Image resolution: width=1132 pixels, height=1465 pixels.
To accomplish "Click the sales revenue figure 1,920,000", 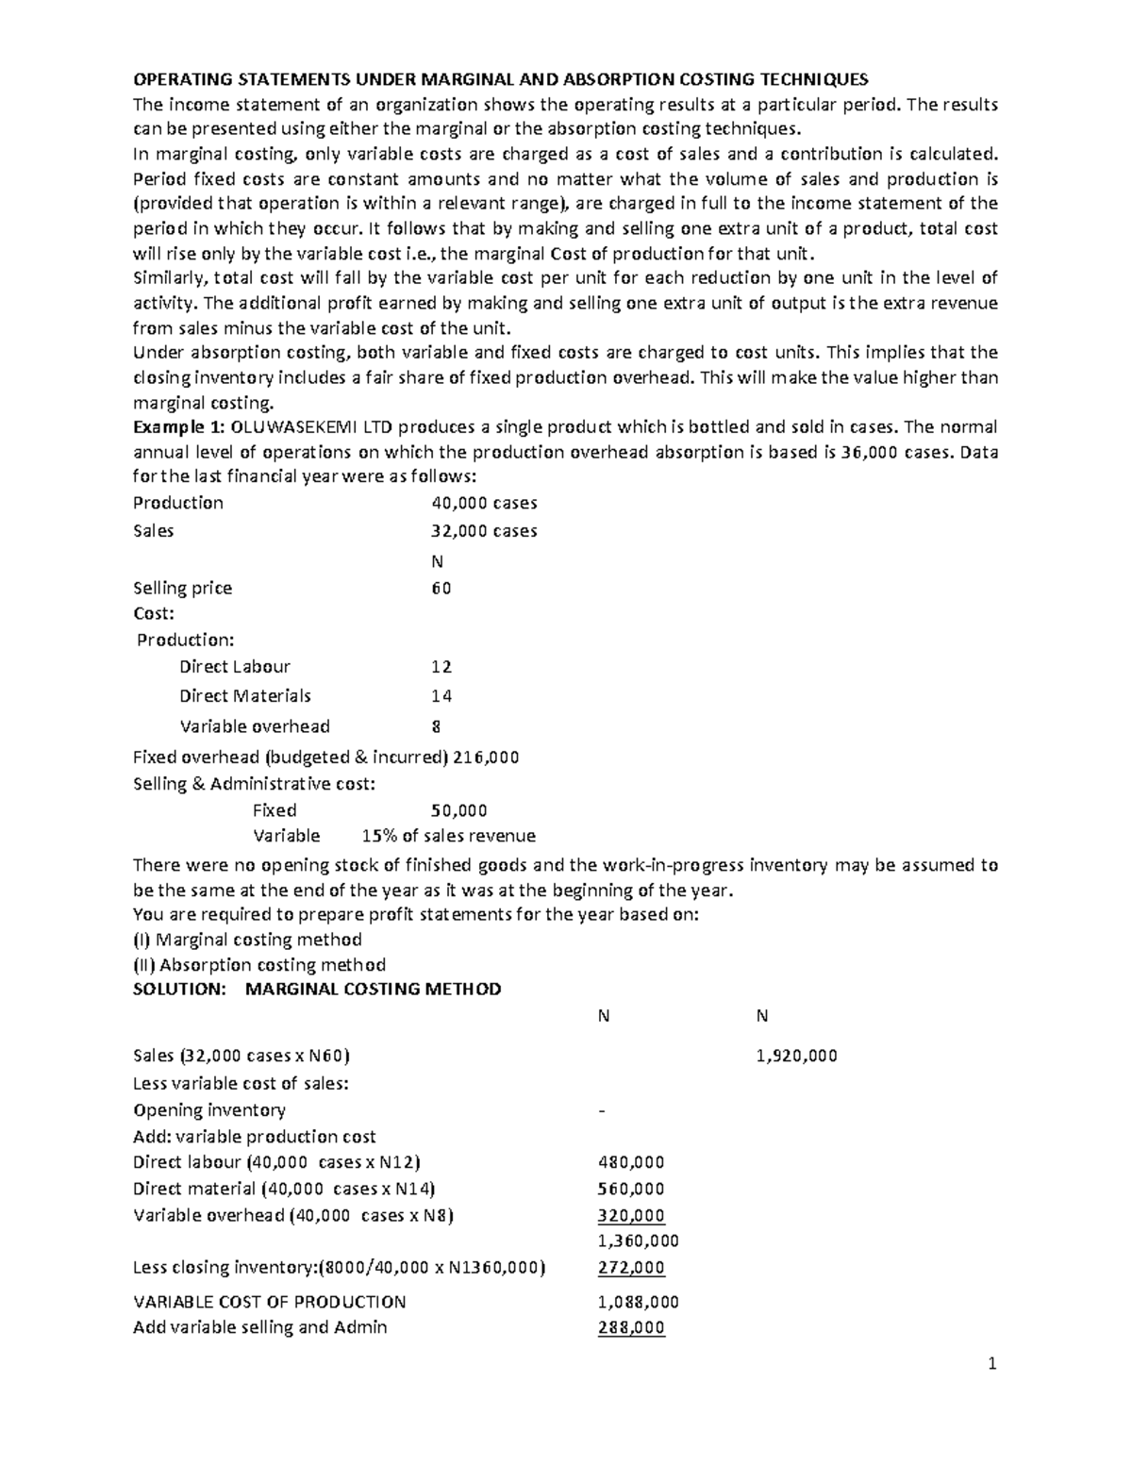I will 796,1056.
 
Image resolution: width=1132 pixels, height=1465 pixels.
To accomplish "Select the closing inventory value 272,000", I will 631,1267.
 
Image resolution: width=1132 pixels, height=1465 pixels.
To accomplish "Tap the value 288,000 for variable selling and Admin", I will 631,1327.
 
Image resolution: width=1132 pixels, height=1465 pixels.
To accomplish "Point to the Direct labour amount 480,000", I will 631,1162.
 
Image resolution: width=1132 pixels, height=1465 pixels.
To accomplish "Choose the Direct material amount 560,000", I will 631,1189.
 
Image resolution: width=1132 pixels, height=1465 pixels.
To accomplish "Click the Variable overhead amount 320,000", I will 631,1215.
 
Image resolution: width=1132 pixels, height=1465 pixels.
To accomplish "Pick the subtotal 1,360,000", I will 638,1240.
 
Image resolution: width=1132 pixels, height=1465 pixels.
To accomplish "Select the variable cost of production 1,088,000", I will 638,1302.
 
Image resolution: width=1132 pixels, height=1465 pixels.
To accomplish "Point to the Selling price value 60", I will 441,588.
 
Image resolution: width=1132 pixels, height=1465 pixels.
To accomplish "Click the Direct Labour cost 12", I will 441,667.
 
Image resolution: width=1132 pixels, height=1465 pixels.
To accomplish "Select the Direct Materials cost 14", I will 441,696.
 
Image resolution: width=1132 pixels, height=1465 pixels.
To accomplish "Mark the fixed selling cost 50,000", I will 458,810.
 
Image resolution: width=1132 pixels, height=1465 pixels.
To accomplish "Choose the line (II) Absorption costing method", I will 259,964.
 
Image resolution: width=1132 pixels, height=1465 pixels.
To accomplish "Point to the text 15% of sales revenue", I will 448,836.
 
